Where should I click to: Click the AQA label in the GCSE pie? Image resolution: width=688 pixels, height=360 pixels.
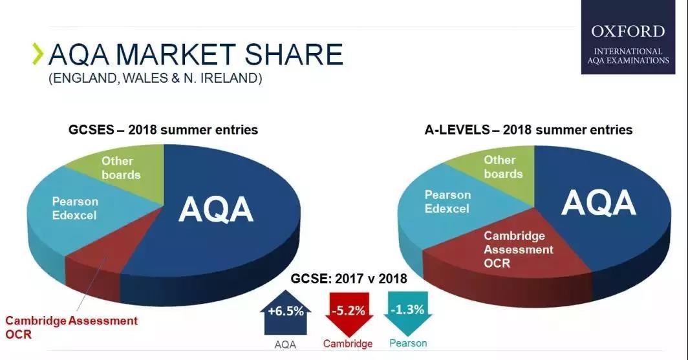tap(216, 209)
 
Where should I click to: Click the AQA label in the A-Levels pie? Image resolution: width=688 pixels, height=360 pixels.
tap(599, 202)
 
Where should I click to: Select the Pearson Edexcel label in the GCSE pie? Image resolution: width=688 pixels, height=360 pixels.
tap(75, 208)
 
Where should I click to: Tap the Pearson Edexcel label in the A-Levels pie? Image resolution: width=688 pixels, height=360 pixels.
tap(447, 202)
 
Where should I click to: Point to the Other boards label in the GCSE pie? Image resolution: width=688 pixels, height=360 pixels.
tap(121, 168)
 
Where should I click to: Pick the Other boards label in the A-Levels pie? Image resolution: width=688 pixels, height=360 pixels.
tap(503, 167)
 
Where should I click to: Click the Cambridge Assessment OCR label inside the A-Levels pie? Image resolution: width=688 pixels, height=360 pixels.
tap(518, 249)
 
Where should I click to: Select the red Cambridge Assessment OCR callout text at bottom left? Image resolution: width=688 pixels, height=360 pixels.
tap(72, 327)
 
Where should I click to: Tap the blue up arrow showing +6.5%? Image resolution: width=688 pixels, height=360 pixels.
tap(286, 312)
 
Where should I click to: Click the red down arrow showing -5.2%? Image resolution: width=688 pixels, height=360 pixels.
tap(349, 313)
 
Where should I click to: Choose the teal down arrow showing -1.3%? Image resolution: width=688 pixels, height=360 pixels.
tap(407, 313)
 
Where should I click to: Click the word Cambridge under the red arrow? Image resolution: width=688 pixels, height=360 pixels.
tap(348, 343)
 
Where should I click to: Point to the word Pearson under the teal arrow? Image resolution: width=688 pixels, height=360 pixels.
tap(408, 343)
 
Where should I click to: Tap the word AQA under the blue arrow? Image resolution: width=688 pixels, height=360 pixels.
tap(285, 344)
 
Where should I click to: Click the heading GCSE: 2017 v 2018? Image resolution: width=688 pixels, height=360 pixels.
tap(349, 279)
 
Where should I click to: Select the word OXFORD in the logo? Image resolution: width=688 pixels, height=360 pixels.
tap(628, 32)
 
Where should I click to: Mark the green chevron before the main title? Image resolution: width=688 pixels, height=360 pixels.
tap(39, 54)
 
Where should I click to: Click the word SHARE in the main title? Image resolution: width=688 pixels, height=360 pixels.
tap(293, 54)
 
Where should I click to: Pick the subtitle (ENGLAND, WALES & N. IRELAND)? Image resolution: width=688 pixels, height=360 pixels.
tap(155, 78)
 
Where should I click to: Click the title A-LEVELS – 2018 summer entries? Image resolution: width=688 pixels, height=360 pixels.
tap(528, 130)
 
